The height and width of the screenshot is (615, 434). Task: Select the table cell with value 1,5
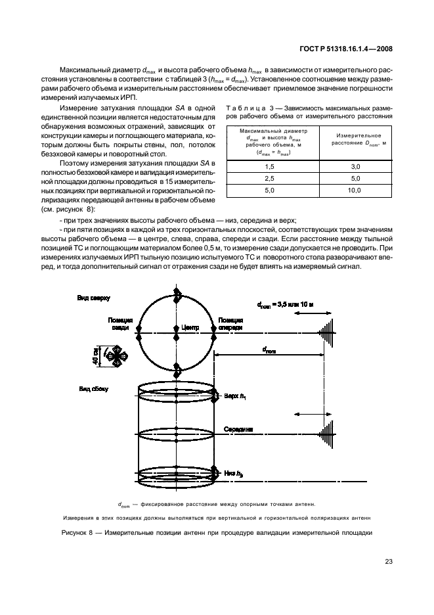coord(269,167)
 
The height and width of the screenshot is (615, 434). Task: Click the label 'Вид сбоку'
coord(91,389)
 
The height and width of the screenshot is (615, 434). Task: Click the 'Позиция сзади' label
coord(121,323)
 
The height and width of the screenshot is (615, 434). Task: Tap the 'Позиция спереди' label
coord(234,323)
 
